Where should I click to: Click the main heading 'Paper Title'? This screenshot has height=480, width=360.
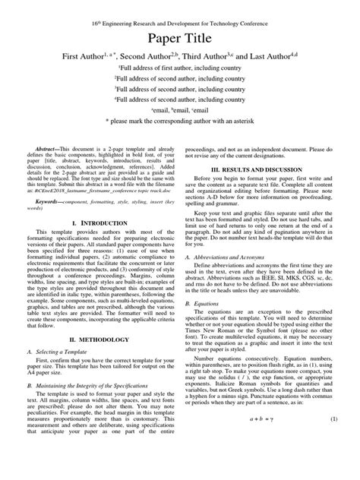coord(179,39)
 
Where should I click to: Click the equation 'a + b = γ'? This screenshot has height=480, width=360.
coord(263,461)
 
